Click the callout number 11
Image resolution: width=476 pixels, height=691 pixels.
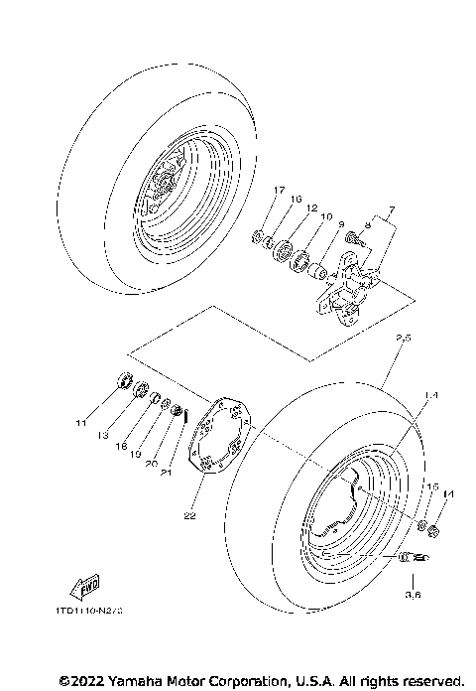[82, 424]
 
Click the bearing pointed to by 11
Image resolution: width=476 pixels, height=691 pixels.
[123, 379]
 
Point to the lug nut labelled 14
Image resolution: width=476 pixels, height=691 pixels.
[432, 537]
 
